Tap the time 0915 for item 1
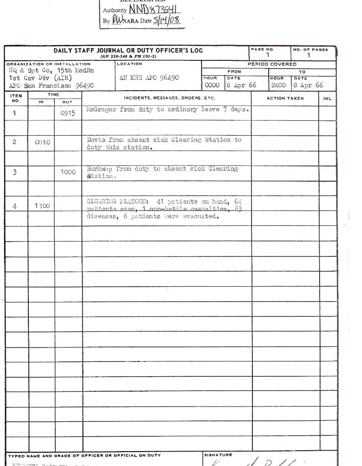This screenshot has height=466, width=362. click(68, 114)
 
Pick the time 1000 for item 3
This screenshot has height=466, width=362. click(68, 172)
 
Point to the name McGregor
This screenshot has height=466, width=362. click(101, 110)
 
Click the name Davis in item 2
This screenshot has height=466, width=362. click(96, 140)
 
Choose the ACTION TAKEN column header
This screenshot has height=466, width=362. click(285, 98)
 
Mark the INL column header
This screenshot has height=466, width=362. click(327, 98)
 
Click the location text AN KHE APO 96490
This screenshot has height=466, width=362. click(149, 78)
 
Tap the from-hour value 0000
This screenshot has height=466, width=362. click(212, 85)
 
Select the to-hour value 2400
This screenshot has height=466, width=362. click(279, 85)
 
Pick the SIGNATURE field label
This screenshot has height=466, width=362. click(218, 455)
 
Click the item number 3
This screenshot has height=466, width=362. click(14, 173)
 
